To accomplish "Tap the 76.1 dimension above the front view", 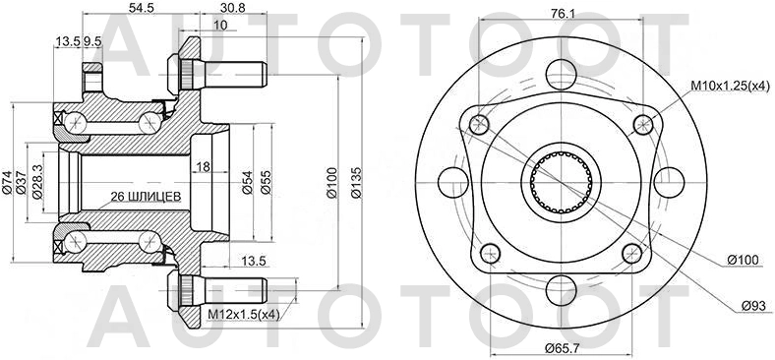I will coord(561,14).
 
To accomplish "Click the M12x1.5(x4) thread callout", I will coord(243,315).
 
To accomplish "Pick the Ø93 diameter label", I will coord(751,306).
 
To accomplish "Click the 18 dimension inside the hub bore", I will coord(201,166).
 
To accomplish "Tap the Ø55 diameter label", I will coord(266,181).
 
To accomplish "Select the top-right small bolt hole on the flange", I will coord(642,123).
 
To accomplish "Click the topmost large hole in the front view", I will coord(559,73).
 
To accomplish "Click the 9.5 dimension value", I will coord(92,41).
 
